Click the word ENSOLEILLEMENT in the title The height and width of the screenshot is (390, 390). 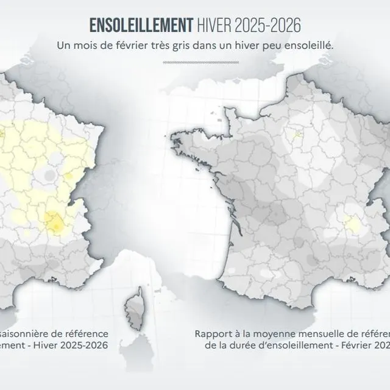click(x=141, y=26)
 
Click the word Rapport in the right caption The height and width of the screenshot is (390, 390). click(x=214, y=334)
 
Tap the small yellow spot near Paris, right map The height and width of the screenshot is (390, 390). click(x=298, y=135)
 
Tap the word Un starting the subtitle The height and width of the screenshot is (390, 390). click(x=62, y=45)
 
